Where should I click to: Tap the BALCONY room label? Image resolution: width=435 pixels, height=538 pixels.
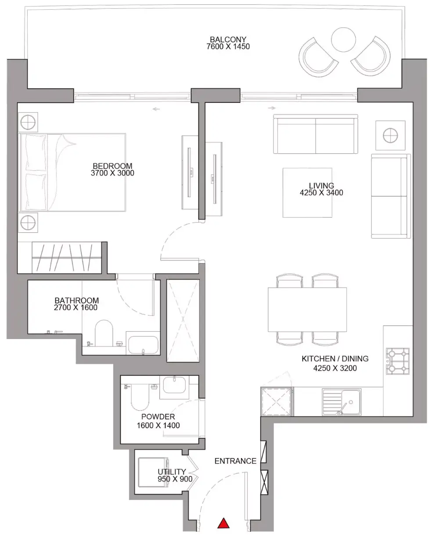pyautogui.click(x=228, y=40)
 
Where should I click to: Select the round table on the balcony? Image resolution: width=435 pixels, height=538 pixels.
pyautogui.click(x=343, y=40)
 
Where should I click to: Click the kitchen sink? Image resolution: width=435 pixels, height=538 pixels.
pyautogui.click(x=342, y=402)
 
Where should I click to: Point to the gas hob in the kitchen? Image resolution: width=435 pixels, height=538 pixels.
pyautogui.click(x=398, y=361)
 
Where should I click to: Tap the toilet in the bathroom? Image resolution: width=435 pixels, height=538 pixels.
pyautogui.click(x=104, y=333)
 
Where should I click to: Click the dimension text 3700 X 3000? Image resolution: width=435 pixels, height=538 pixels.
pyautogui.click(x=112, y=173)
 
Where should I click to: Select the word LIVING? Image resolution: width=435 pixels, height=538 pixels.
pyautogui.click(x=321, y=186)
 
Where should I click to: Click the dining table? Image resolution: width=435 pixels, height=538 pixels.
pyautogui.click(x=307, y=310)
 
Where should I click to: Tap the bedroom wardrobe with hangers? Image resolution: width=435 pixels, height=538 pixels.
pyautogui.click(x=67, y=258)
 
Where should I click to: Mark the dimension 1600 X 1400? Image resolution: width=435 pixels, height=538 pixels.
pyautogui.click(x=158, y=426)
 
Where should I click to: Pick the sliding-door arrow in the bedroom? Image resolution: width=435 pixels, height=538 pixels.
pyautogui.click(x=156, y=109)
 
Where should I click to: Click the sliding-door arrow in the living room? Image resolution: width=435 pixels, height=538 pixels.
pyautogui.click(x=272, y=108)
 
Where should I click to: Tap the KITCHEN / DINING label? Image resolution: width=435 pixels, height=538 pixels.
pyautogui.click(x=335, y=359)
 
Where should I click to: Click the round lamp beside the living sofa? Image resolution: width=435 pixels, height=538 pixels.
pyautogui.click(x=390, y=135)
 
